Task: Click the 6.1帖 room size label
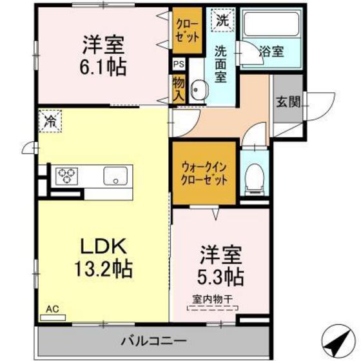103,66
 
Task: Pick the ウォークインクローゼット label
204,173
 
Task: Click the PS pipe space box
179,64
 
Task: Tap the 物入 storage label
179,88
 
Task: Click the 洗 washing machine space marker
222,20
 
